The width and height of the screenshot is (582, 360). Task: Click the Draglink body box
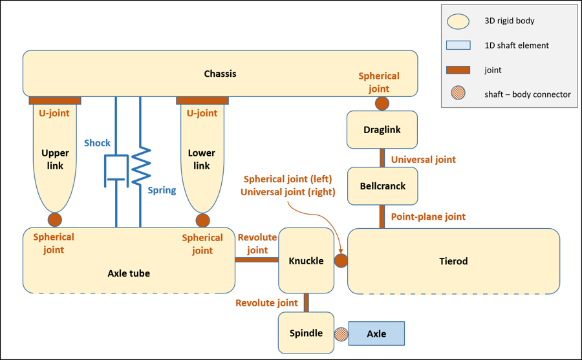(x=382, y=130)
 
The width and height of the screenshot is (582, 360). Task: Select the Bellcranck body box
(x=382, y=186)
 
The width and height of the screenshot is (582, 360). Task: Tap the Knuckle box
(x=306, y=260)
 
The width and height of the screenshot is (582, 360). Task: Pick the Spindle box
(x=306, y=334)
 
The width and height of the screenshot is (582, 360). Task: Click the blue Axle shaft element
(x=376, y=334)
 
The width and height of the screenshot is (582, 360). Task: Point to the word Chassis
(x=220, y=74)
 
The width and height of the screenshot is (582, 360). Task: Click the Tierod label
(x=453, y=261)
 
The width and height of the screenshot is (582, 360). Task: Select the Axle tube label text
(x=129, y=273)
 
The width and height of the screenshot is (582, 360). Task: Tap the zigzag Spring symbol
(x=141, y=167)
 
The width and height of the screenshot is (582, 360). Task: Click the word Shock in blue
(x=97, y=143)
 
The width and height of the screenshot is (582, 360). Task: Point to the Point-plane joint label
(x=428, y=217)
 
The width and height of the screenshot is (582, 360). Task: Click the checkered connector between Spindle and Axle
(x=341, y=334)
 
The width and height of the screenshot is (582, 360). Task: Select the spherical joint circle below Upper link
(x=55, y=220)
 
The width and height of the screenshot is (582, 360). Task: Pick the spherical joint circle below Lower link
(x=203, y=220)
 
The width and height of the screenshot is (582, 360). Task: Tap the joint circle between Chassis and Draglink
(x=382, y=103)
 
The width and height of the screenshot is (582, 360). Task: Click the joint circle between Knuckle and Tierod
(x=341, y=260)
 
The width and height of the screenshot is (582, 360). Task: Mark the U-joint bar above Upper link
(x=55, y=101)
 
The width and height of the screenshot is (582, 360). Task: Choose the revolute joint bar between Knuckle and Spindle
(x=307, y=302)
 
